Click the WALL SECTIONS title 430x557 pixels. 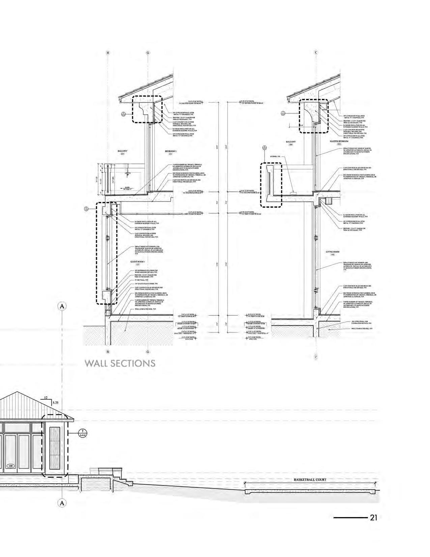[x=120, y=363]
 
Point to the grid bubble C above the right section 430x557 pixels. [x=316, y=53]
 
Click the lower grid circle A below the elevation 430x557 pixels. [x=62, y=503]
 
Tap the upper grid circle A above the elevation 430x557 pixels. [x=62, y=306]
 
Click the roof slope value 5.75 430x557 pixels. [x=56, y=402]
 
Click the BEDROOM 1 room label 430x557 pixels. [x=171, y=151]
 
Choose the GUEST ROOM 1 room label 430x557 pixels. [x=137, y=262]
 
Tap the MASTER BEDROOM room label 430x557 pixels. [x=339, y=141]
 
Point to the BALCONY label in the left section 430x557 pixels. [x=122, y=151]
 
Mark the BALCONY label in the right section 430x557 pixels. [x=291, y=142]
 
